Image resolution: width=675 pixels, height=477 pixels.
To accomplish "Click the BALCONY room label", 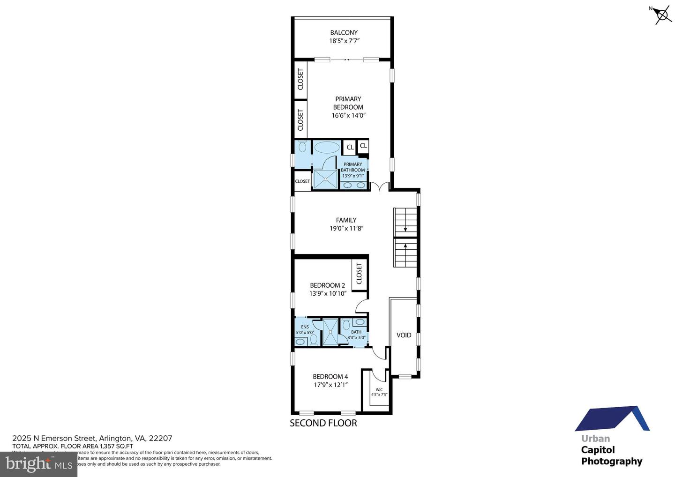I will click(344, 33).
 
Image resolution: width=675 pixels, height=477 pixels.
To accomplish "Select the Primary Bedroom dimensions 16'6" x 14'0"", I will click(348, 115).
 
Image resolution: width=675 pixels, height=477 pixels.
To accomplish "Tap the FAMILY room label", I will click(346, 220).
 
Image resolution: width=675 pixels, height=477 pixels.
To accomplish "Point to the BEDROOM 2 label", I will click(327, 285).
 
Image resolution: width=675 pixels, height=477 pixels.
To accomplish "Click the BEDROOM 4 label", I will click(330, 377).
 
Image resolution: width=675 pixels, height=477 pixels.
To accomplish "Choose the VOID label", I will click(404, 335).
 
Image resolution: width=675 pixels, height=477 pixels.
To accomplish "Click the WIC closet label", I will click(379, 390).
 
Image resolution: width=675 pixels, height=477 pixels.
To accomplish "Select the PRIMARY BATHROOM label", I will click(352, 167).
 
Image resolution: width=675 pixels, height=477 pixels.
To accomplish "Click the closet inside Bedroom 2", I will click(359, 273).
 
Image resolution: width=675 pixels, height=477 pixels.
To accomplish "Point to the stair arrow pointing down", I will click(405, 229).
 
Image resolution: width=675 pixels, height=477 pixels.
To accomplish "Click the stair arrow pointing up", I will click(405, 245).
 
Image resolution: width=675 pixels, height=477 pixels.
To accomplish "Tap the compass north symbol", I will click(662, 15).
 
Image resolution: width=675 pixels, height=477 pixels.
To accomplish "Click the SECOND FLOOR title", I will click(323, 423).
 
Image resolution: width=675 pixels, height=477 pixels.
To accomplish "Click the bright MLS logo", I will click(38, 464).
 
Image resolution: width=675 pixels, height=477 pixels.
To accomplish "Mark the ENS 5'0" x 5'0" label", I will click(305, 329).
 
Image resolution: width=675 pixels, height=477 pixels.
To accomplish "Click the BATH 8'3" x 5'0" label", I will click(356, 335).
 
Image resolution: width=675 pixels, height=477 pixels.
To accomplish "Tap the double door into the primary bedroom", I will click(380, 186).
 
